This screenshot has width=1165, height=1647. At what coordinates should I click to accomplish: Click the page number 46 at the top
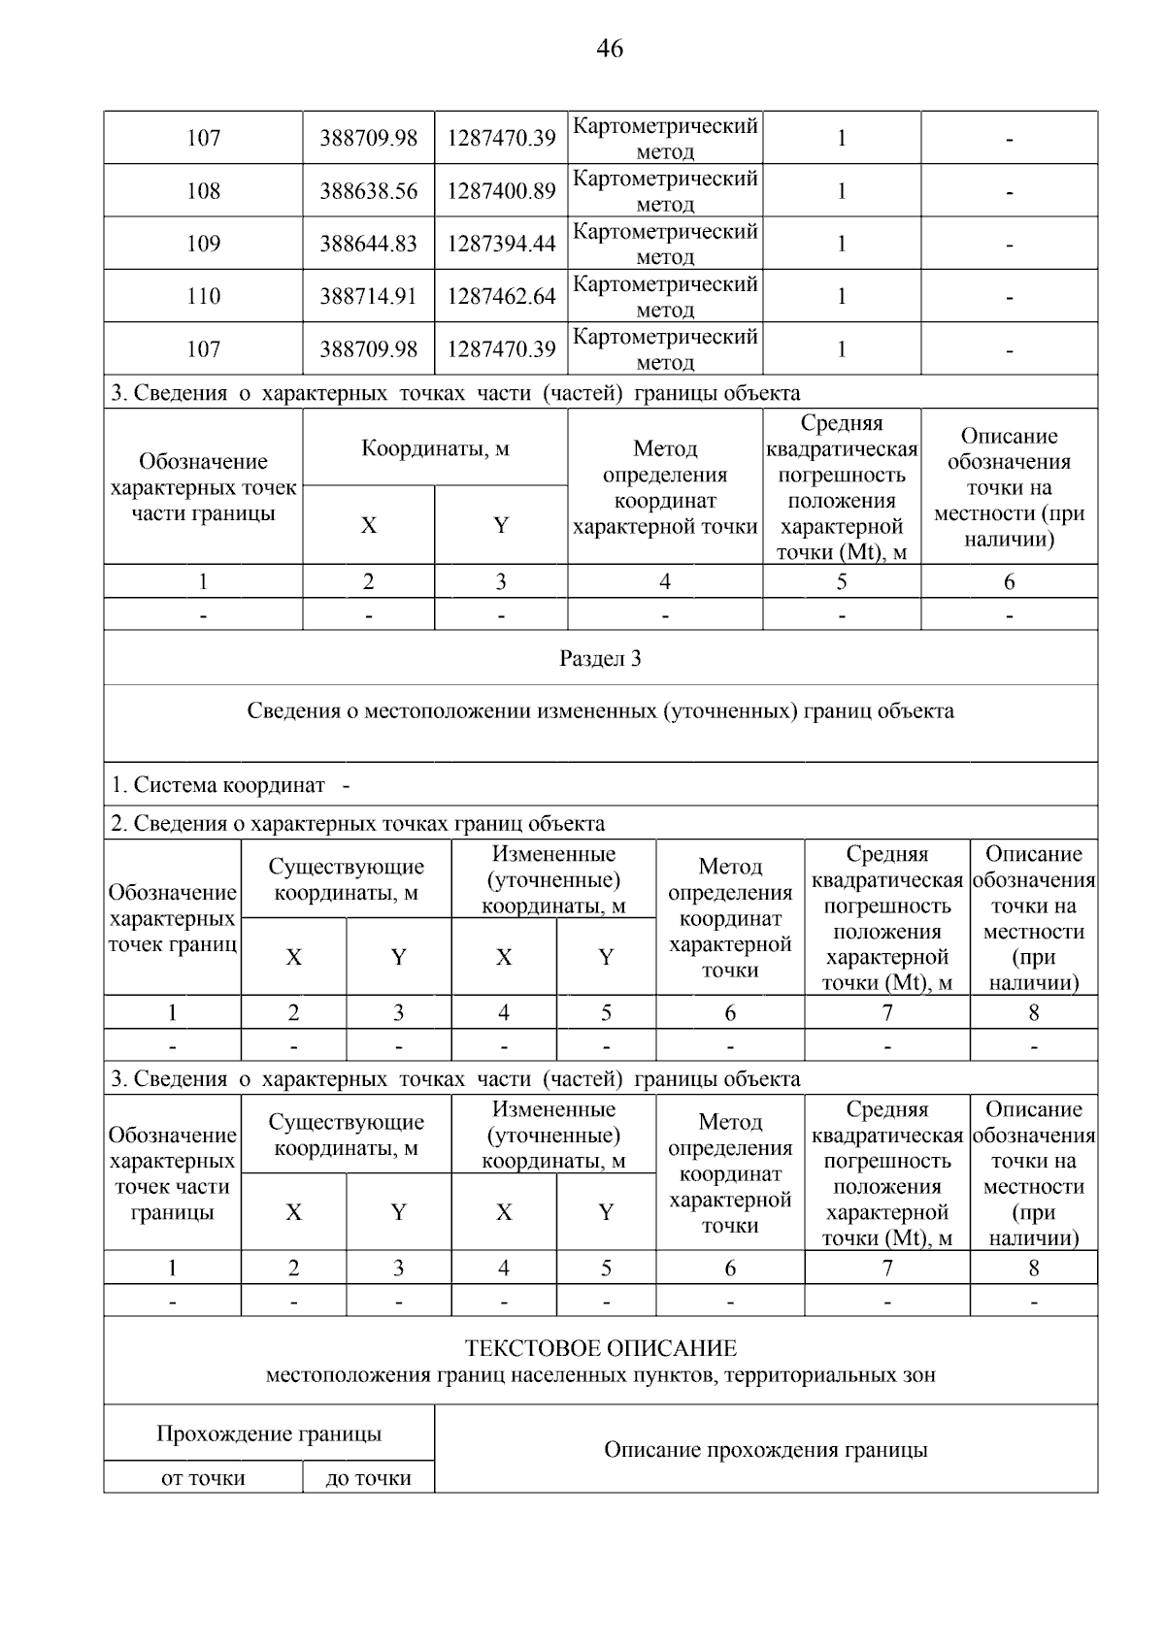click(610, 48)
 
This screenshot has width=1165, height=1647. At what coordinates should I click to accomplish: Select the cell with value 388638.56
click(368, 191)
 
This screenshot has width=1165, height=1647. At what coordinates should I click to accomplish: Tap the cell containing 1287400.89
click(501, 191)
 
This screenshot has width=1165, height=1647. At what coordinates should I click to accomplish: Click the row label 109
click(203, 244)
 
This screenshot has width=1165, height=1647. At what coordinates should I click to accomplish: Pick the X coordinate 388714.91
click(368, 296)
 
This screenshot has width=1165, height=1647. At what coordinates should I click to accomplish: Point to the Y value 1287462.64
click(501, 296)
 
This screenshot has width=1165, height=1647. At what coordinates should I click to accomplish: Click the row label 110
click(203, 296)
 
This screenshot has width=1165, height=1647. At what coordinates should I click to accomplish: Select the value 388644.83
click(368, 244)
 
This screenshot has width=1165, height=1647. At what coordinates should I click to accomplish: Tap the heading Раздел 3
click(600, 659)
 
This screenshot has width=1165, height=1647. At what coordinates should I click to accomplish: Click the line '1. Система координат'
click(218, 785)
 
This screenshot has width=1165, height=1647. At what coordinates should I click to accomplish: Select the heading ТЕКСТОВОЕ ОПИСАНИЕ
click(600, 1348)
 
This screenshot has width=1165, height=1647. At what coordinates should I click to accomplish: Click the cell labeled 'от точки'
click(203, 1478)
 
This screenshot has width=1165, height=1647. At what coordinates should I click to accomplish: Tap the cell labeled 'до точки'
click(368, 1478)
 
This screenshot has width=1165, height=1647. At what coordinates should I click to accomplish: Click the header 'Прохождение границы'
click(269, 1433)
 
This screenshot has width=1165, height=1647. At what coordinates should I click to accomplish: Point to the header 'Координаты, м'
click(435, 448)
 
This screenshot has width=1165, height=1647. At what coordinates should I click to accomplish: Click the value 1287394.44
click(501, 244)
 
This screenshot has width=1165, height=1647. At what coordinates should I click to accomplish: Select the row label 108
click(203, 191)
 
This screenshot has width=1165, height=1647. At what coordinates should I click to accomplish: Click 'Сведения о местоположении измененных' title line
click(600, 711)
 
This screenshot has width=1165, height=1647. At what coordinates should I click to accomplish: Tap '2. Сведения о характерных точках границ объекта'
click(357, 824)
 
